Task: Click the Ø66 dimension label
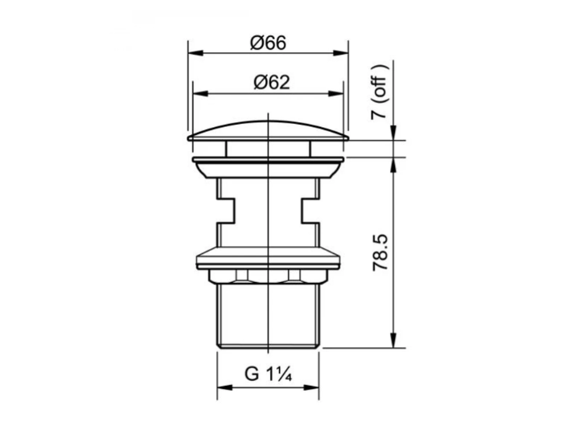pos(268,43)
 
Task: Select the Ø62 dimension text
pos(272,82)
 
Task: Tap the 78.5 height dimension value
pos(380,252)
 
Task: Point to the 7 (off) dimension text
pos(380,92)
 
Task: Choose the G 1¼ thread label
pos(268,374)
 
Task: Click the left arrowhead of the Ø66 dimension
pos(196,53)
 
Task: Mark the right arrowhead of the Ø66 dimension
pos(340,53)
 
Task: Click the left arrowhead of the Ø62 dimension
pos(201,94)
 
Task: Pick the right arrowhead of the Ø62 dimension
pos(335,94)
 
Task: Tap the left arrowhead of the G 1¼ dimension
pos(225,387)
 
